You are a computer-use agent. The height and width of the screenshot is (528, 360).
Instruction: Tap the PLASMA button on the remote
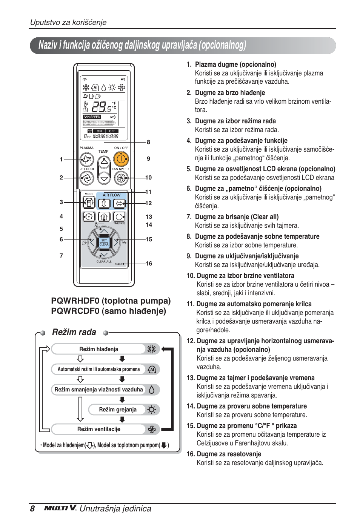coord(87,160)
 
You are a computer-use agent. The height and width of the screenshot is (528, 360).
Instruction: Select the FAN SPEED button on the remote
coord(121,178)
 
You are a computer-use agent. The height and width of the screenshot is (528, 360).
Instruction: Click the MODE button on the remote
coord(89,203)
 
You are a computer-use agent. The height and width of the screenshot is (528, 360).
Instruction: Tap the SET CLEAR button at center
coord(104,242)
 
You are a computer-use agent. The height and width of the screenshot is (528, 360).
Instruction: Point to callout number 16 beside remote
coord(149,264)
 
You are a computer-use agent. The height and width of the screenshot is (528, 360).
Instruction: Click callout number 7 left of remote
coord(61,256)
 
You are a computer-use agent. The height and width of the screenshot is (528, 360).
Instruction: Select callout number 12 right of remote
coord(149,203)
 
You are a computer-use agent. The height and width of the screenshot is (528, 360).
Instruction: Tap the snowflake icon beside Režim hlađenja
coord(151,349)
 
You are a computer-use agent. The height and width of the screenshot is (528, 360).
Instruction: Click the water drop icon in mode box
coord(152,390)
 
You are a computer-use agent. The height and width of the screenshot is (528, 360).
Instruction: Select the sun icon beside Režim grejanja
coord(152,410)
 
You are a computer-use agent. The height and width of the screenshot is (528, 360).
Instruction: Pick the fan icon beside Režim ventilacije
coord(152,429)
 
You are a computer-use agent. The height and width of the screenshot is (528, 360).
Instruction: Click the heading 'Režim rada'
coord(74,332)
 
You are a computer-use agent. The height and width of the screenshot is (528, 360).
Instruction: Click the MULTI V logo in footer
coord(60,508)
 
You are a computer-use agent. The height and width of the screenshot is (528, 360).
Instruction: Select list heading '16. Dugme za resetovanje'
coord(224,454)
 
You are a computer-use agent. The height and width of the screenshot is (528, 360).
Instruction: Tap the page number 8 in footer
coord(32,509)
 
